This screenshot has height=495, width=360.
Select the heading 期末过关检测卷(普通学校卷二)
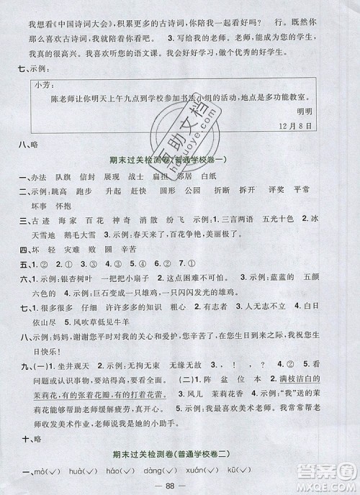click(x=179, y=453)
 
